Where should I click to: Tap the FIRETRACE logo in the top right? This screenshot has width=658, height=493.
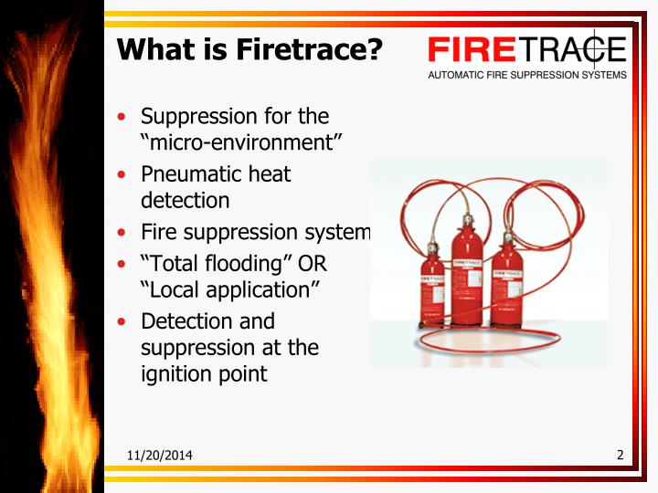point(526,49)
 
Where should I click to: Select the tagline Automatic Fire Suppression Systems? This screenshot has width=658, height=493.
point(527,75)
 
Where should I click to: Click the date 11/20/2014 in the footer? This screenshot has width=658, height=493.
point(160,456)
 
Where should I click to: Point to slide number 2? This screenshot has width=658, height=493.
point(620,455)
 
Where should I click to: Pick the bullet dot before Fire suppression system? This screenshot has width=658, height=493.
point(122,233)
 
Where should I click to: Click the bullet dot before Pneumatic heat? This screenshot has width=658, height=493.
point(122,174)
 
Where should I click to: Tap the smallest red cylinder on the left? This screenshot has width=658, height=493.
point(431,293)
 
